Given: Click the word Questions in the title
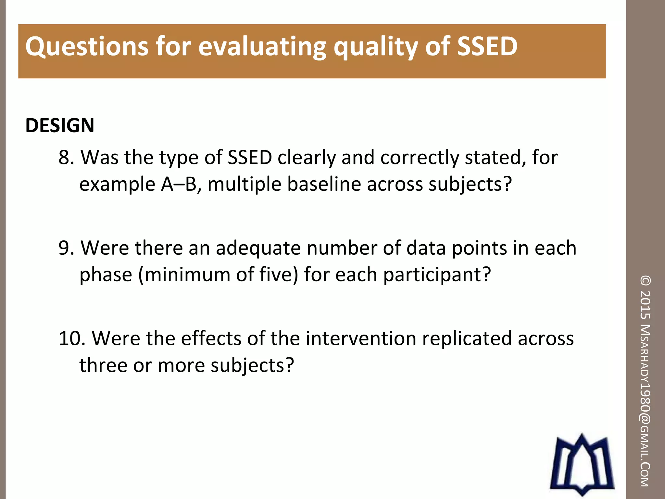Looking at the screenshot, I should pos(87,46).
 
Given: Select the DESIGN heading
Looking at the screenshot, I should pos(60,125).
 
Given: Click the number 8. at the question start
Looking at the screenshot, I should pos(67,158).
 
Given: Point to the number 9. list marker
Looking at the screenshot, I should pos(67,248).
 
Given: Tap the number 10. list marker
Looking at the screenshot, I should pos(72,339).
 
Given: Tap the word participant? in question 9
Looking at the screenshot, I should pos(437,275).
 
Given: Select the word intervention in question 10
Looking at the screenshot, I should pos(361,339).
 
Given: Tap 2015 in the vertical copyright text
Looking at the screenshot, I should pos(645,304).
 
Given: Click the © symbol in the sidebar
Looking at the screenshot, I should pos(645,281).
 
